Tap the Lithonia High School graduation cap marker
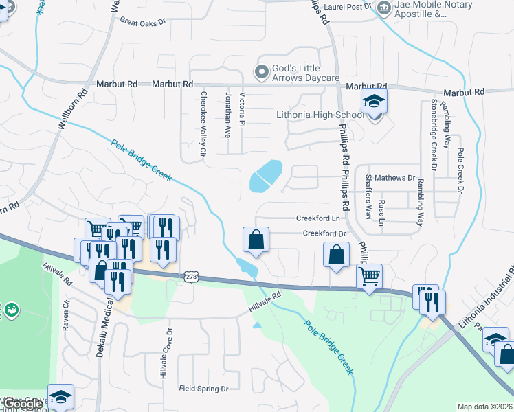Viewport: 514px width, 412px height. coord(374,102)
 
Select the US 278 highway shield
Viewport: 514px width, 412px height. coord(192,276)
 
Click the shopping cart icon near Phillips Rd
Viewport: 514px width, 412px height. coord(370,276)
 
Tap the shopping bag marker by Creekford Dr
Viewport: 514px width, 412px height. coord(255,240)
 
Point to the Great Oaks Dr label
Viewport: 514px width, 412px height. coord(143,21)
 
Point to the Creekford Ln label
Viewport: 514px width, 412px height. coord(318,218)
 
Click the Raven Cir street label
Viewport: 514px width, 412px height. coord(67,315)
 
